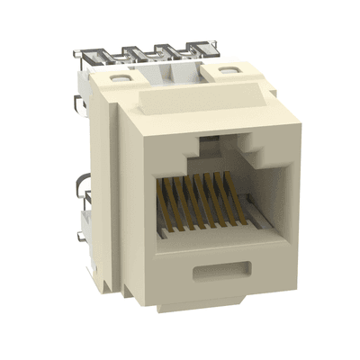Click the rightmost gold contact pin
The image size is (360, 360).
(223, 200)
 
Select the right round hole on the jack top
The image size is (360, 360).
(218, 68)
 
